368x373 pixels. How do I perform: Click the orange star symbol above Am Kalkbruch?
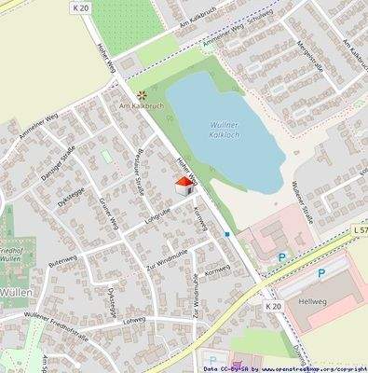pyautogui.click(x=142, y=95)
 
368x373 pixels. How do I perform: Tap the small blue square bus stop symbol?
pyautogui.click(x=226, y=235)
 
